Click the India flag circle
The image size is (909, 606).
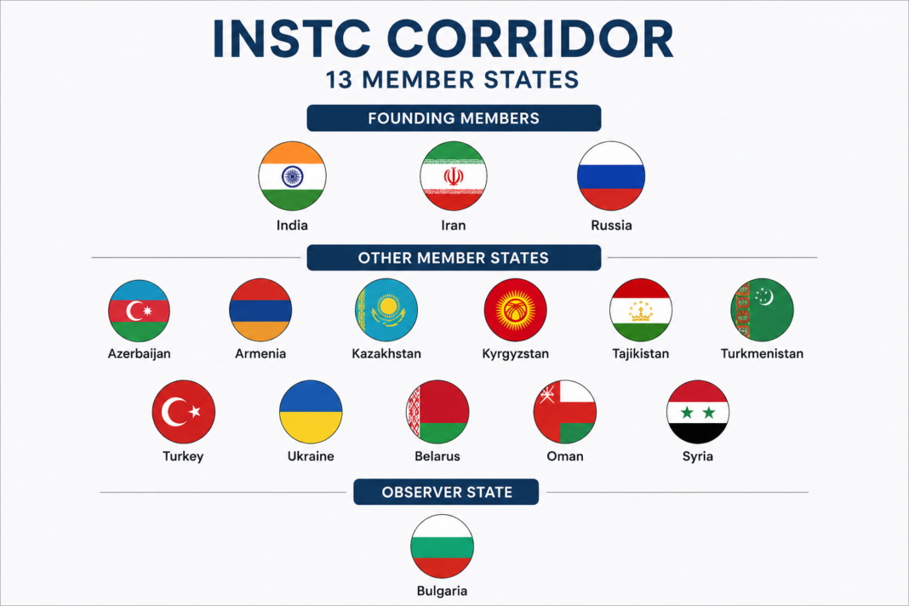292,175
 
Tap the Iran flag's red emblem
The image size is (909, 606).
454,176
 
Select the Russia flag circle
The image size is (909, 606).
611,175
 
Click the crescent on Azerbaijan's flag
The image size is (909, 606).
134,311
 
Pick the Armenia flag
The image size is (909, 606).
260,311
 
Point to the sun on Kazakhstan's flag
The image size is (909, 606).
388,305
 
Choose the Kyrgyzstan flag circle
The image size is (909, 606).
516,311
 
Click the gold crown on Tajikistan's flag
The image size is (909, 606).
641,312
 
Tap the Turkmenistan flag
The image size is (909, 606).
762,311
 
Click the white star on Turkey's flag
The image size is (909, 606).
195,412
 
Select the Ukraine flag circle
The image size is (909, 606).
311,412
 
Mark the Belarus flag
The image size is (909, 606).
437,412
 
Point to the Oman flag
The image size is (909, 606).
564,412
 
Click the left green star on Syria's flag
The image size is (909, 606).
687,412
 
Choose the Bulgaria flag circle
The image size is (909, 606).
442,546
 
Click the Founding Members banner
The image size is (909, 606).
454,118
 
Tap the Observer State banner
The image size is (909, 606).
446,492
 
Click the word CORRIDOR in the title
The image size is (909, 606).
530,38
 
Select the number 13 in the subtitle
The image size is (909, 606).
339,80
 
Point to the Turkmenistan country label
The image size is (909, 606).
762,354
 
